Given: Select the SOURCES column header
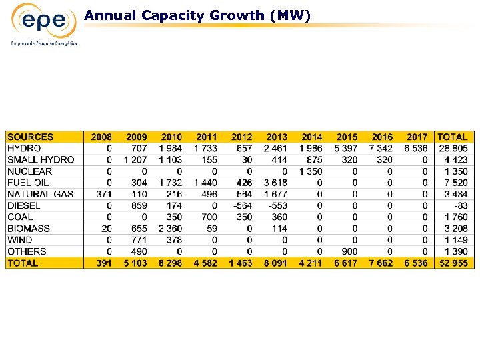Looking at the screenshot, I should coord(31,137).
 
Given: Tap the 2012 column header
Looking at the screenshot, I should coord(241,137).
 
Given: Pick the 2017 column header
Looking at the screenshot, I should coord(417,137).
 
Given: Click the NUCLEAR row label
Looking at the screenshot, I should coord(29,171).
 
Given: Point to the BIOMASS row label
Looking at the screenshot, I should coord(29,229).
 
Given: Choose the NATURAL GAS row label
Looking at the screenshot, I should coord(40,194).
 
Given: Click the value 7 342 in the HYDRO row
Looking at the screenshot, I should coord(381,148).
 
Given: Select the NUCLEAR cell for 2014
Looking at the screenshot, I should coord(311,171).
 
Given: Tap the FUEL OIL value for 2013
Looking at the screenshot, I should coord(275,183).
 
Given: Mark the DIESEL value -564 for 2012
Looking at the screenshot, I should coord(242,205).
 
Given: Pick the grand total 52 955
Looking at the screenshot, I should coord(453,263).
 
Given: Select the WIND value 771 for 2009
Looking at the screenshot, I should coord(139,240).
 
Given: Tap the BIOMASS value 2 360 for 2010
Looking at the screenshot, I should coord(171,229).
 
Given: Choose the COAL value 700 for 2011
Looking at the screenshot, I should coord(209,217).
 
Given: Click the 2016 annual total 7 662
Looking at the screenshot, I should coord(381,263).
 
